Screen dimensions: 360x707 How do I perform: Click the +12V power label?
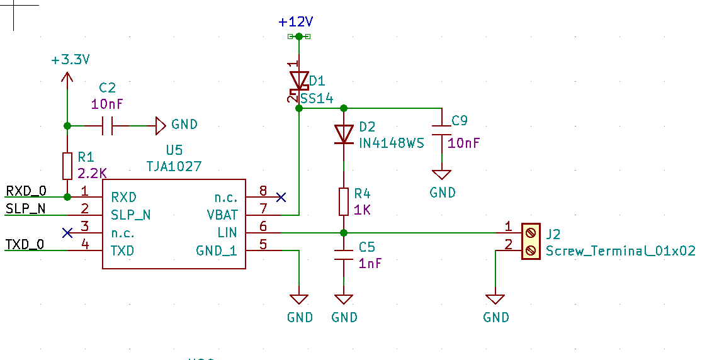coord(296,22)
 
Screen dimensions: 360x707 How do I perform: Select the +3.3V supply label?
coord(71,60)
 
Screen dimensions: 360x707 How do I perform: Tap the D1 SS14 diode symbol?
coord(298,81)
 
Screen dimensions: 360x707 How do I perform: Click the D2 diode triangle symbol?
coord(344,133)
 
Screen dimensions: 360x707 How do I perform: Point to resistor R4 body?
coord(344,201)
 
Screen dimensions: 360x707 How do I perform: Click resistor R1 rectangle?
coord(67,166)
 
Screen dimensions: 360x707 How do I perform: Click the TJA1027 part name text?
coord(174,166)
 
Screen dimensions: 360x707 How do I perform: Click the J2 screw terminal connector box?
coord(531,242)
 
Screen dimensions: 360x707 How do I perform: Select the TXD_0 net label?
coord(25,244)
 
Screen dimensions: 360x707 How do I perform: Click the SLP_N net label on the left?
coord(25,208)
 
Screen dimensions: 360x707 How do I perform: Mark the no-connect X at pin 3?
coord(67,233)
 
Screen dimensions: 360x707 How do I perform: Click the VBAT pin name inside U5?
coord(222,215)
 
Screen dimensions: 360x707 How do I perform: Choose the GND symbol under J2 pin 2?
coord(496,301)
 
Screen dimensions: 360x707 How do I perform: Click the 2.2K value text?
coord(93,172)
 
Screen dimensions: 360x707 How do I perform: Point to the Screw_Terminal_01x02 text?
coord(620,250)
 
